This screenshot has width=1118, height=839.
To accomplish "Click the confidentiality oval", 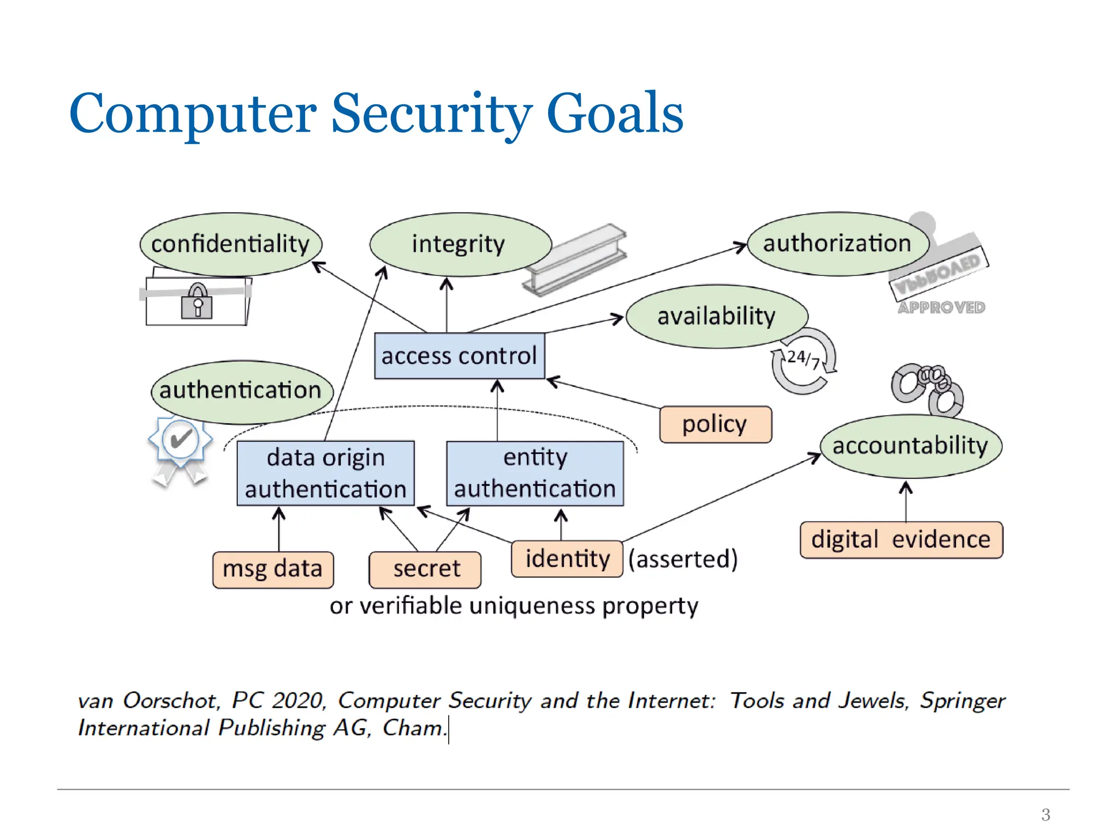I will (x=230, y=244).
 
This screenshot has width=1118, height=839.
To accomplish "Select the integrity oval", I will (x=460, y=244).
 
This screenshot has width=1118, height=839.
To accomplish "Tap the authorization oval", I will (x=837, y=244).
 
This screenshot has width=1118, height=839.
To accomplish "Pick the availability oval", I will (x=716, y=316).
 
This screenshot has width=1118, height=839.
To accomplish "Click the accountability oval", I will (x=911, y=446).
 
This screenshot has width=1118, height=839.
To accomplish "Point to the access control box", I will (x=460, y=356).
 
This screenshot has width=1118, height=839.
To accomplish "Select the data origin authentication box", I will (x=326, y=473).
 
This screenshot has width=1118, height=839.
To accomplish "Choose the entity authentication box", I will (x=535, y=473).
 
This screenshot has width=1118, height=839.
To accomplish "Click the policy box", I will (x=715, y=424).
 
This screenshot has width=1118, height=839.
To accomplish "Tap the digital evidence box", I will (x=901, y=540).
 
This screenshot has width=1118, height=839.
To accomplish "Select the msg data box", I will (x=273, y=569).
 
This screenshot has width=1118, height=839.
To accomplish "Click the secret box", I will (x=425, y=569).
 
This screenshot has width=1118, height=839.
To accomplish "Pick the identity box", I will (x=567, y=559).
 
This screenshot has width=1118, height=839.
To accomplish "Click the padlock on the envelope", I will (x=197, y=301).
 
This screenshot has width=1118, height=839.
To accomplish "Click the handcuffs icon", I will (x=927, y=389).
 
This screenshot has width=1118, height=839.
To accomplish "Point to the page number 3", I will (x=1045, y=814).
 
